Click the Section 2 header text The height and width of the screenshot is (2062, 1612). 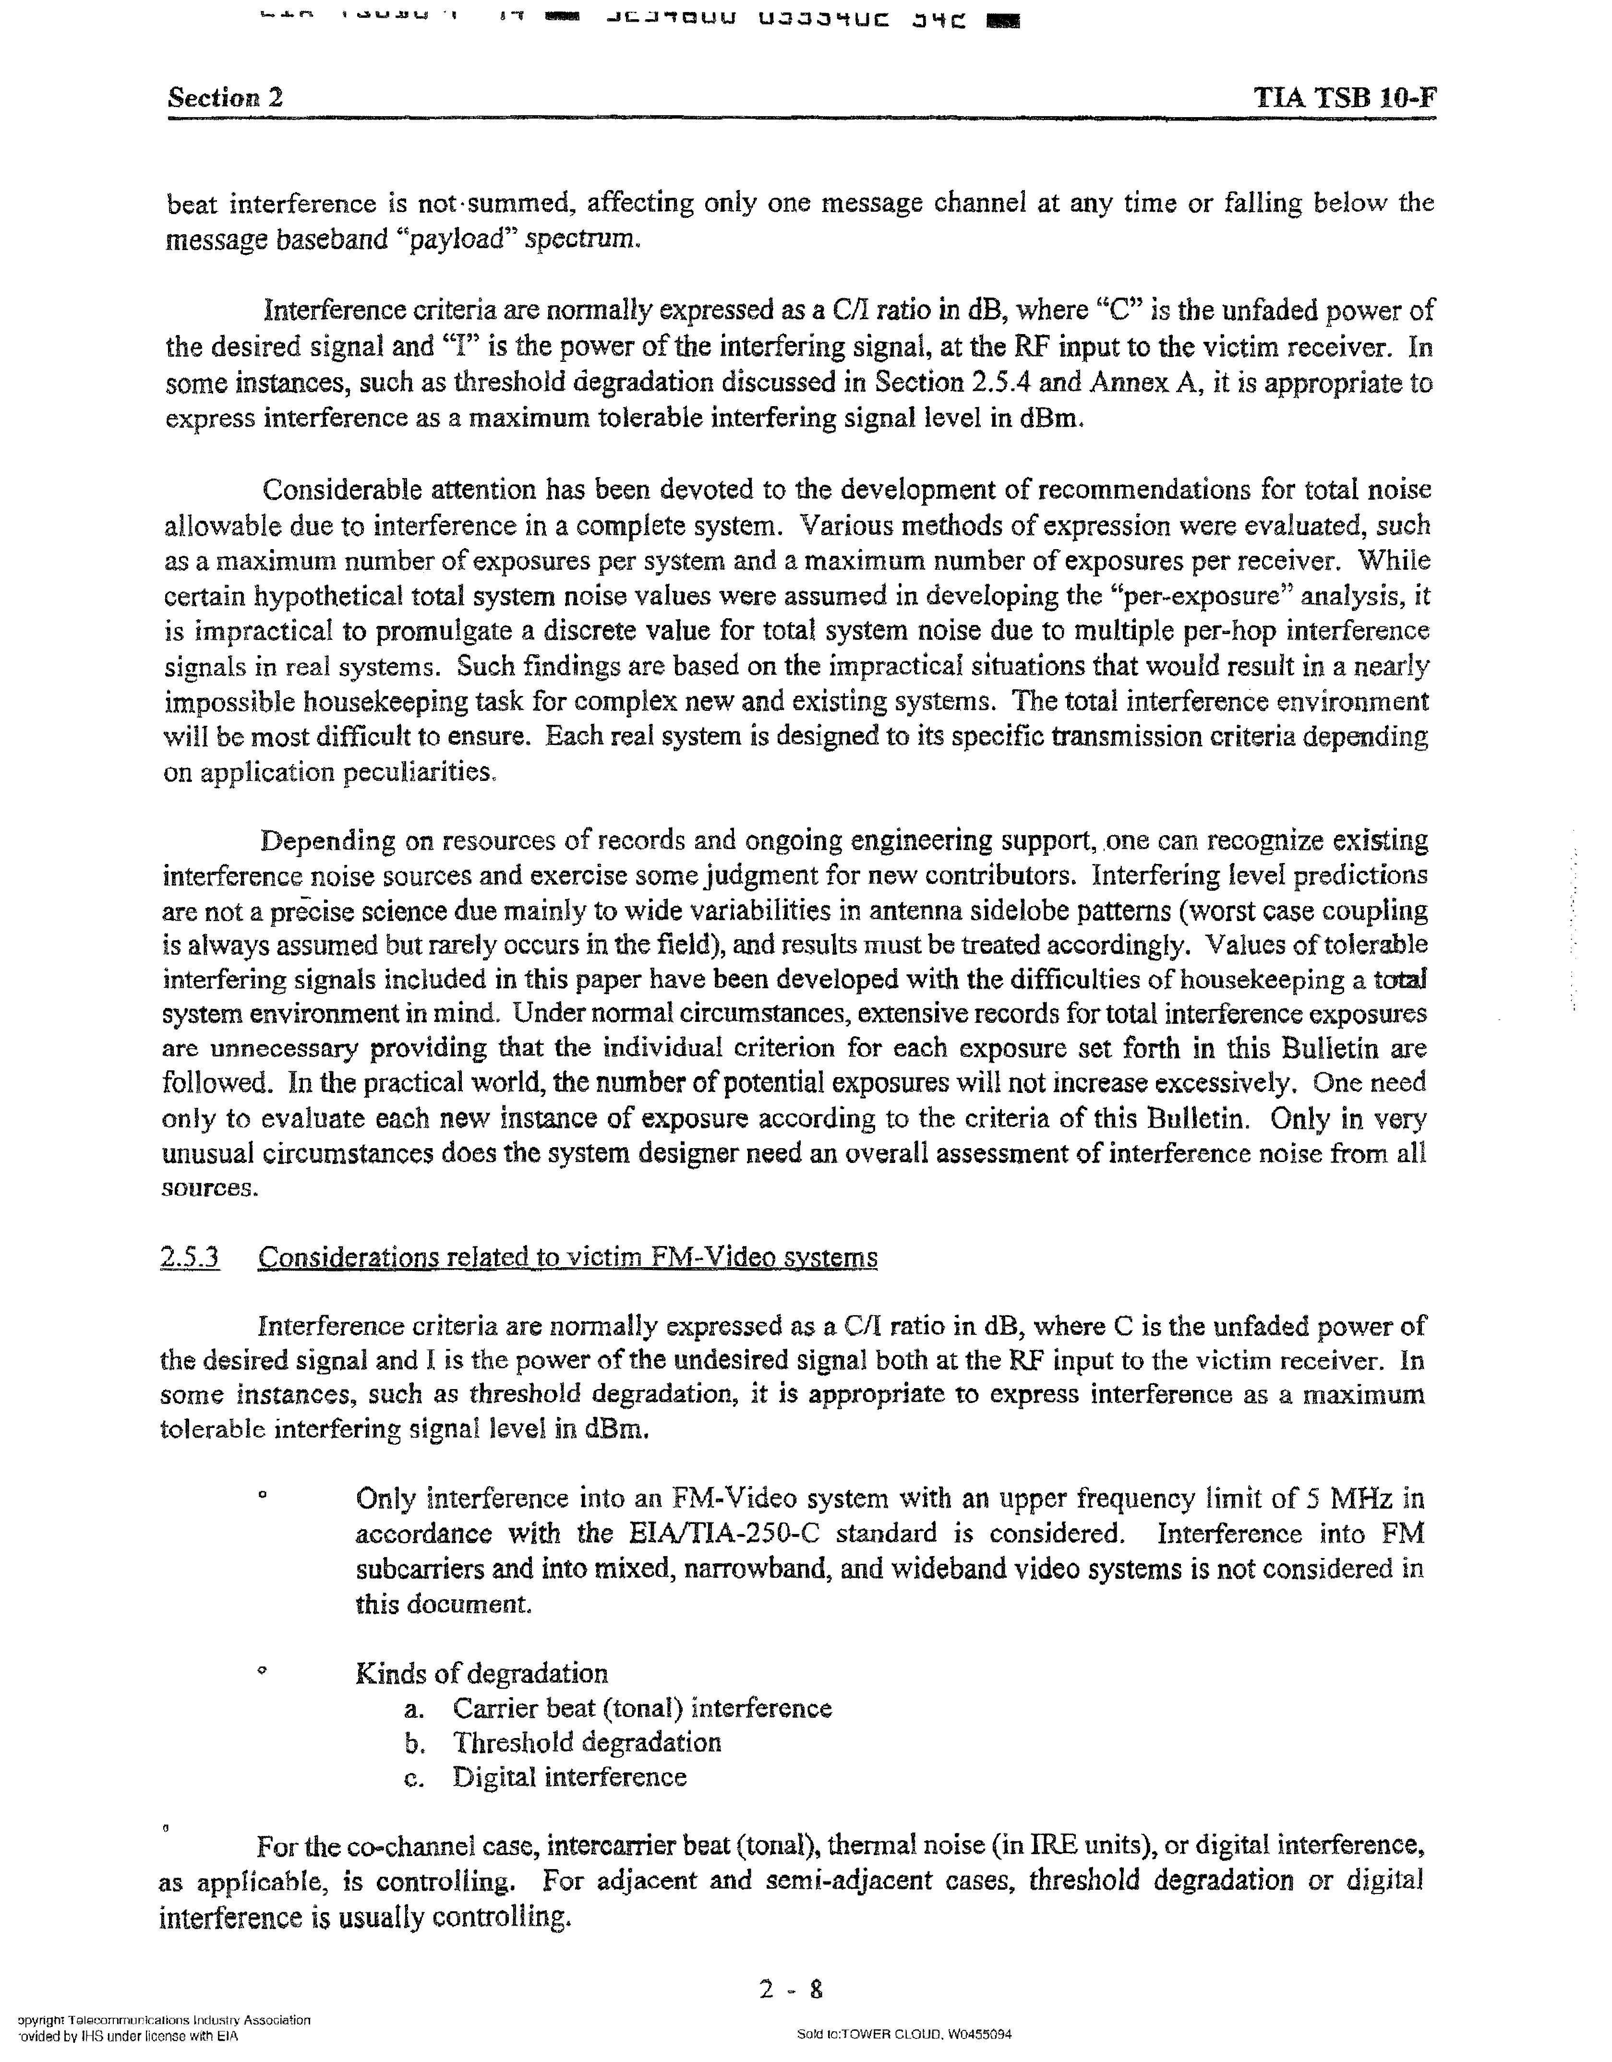(x=226, y=97)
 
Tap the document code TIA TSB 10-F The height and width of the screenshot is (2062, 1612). (x=1345, y=97)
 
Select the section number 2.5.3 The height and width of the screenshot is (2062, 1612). (x=190, y=1258)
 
